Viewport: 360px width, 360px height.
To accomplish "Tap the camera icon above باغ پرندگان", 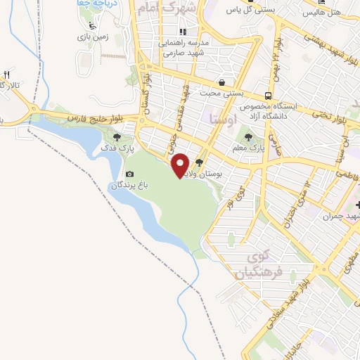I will [129, 174].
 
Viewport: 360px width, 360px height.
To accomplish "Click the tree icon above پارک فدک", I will [117, 137].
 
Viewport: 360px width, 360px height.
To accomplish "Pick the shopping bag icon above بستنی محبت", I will [221, 82].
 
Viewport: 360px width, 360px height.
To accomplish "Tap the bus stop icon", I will [267, 95].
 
